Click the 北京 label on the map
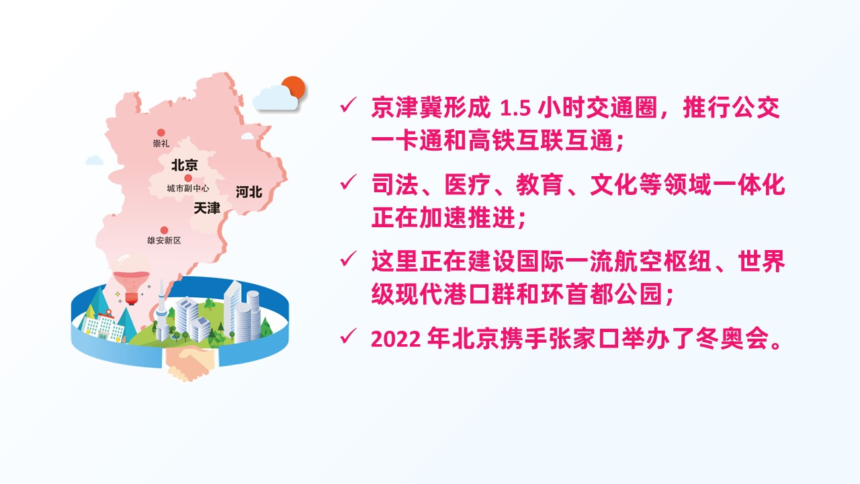(x=184, y=165)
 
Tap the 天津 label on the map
(x=206, y=208)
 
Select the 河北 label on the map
(x=249, y=192)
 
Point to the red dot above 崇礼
(x=161, y=133)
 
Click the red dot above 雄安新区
(x=164, y=231)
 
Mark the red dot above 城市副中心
(x=188, y=178)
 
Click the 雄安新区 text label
(x=164, y=241)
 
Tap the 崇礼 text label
(x=161, y=143)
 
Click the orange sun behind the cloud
(x=294, y=87)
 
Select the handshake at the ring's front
(x=191, y=362)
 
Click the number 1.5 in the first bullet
(x=515, y=109)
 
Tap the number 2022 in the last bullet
(x=396, y=339)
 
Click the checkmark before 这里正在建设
(x=348, y=259)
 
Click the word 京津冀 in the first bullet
(x=407, y=108)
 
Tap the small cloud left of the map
(x=94, y=160)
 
